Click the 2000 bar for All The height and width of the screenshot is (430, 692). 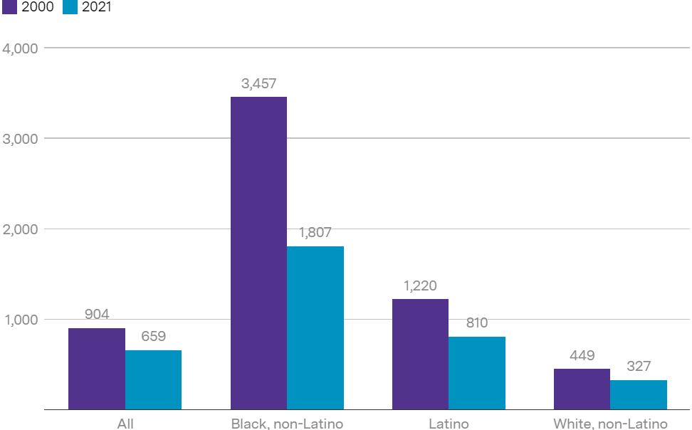97,369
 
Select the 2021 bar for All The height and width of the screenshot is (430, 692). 153,379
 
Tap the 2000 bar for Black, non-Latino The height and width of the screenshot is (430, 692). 258,253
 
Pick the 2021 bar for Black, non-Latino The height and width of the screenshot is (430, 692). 315,327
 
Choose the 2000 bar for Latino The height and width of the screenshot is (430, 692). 420,354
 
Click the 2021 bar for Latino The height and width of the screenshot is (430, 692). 477,373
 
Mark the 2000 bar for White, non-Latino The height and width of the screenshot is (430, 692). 582,389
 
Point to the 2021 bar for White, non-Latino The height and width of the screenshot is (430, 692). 639,394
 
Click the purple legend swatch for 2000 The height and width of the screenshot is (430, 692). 10,8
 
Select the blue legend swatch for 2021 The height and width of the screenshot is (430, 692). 69,8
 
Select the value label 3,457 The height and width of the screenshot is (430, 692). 258,84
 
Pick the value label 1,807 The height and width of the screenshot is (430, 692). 315,233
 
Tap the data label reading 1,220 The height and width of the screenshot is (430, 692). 420,285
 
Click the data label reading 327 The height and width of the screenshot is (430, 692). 639,367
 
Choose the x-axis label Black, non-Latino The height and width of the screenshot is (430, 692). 287,424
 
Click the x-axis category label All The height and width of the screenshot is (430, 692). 125,424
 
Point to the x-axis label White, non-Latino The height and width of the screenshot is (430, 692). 610,424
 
